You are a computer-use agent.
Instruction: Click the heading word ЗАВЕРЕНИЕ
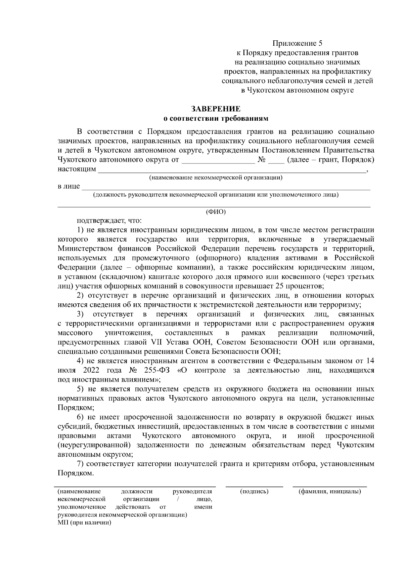(x=216, y=109)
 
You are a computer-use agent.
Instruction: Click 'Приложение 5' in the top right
(x=297, y=43)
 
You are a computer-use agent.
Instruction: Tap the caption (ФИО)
(x=216, y=212)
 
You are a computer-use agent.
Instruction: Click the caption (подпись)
(x=254, y=492)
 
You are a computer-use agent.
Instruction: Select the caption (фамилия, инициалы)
(x=330, y=492)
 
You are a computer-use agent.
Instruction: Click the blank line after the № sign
(x=276, y=160)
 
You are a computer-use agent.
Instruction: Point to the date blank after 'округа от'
(x=218, y=160)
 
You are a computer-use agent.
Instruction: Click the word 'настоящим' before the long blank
(x=77, y=169)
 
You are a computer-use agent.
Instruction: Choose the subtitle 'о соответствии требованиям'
(x=216, y=118)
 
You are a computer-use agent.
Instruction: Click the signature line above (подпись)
(x=254, y=486)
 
